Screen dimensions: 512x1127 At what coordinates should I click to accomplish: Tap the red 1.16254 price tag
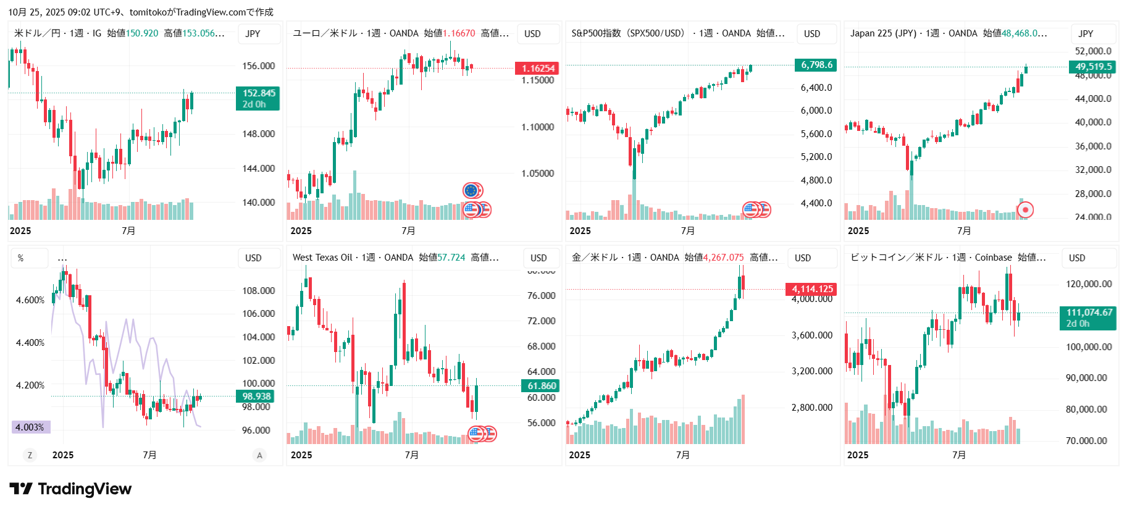pyautogui.click(x=537, y=68)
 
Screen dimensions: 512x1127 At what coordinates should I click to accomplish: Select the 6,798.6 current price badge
pyautogui.click(x=816, y=65)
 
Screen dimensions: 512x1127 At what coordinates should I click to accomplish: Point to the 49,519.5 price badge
pyautogui.click(x=1093, y=67)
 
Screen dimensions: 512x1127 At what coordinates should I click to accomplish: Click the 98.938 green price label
pyautogui.click(x=256, y=397)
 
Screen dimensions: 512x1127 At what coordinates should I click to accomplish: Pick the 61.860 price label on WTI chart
pyautogui.click(x=541, y=386)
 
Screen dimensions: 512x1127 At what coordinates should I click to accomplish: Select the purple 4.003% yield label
pyautogui.click(x=30, y=427)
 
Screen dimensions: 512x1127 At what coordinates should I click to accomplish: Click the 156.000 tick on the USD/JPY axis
pyautogui.click(x=258, y=66)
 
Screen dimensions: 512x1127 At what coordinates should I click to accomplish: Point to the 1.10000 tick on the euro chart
pyautogui.click(x=537, y=127)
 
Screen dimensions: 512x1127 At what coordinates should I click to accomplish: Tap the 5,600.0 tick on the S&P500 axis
pyautogui.click(x=816, y=134)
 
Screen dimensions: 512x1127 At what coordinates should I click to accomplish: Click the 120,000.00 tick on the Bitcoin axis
pyautogui.click(x=1088, y=284)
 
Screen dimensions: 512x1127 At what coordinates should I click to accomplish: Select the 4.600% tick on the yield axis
pyautogui.click(x=30, y=300)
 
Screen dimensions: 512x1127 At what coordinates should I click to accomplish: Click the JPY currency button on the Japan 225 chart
pyautogui.click(x=1086, y=33)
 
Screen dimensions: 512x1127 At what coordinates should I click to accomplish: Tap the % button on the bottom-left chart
pyautogui.click(x=21, y=258)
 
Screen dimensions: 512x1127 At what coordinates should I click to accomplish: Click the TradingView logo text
pyautogui.click(x=85, y=489)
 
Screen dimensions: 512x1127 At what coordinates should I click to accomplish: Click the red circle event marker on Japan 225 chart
pyautogui.click(x=1025, y=210)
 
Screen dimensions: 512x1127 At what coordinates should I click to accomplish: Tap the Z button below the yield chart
pyautogui.click(x=29, y=455)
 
